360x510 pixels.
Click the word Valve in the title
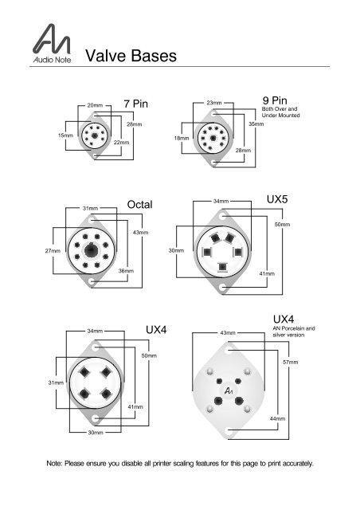point(105,56)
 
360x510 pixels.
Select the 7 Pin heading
point(136,104)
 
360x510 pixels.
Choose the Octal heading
point(139,205)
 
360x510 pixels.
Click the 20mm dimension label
point(95,105)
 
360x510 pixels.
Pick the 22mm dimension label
point(121,142)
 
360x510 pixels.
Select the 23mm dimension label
point(213,104)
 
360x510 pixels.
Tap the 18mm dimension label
point(181,138)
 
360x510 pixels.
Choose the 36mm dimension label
point(125,271)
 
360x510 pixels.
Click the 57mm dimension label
point(291,363)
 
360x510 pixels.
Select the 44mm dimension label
point(278,418)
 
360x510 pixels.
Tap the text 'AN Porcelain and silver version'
point(294,331)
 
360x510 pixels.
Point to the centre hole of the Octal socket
point(92,251)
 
